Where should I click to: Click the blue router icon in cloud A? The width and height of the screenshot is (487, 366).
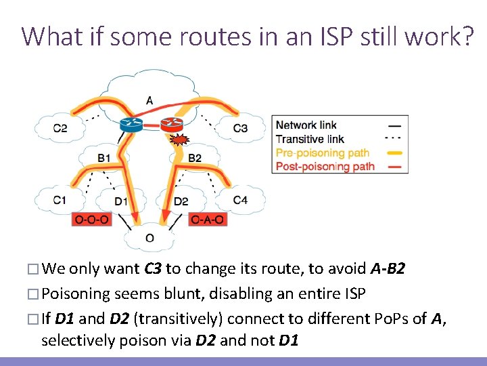click(x=129, y=124)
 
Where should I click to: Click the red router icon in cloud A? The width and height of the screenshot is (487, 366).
click(x=172, y=123)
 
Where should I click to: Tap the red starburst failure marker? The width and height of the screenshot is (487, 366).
click(x=179, y=141)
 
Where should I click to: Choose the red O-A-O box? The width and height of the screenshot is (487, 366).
click(x=208, y=220)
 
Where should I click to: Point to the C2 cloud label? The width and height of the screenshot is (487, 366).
click(x=60, y=128)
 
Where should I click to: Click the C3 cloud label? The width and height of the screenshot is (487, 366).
click(x=240, y=128)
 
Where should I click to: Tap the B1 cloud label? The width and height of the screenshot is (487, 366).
click(x=105, y=158)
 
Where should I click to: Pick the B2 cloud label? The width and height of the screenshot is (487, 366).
click(x=195, y=158)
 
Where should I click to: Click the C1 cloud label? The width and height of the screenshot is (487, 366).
click(x=60, y=200)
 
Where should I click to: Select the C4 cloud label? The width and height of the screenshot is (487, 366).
click(x=240, y=200)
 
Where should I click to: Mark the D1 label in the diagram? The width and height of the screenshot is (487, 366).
click(x=120, y=201)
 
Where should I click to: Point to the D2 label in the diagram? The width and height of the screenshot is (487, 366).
click(x=181, y=201)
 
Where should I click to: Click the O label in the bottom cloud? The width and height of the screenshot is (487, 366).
click(x=149, y=238)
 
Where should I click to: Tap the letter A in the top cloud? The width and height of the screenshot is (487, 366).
click(x=149, y=101)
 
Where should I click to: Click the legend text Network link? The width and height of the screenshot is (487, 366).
click(x=306, y=125)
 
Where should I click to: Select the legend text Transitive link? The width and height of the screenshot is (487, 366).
click(x=310, y=139)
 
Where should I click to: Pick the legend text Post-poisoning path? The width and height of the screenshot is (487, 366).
click(x=325, y=166)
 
